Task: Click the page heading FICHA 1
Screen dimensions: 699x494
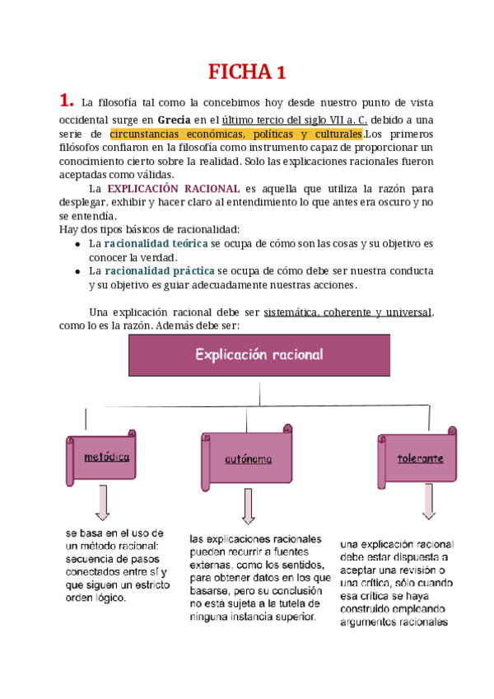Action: coord(247,73)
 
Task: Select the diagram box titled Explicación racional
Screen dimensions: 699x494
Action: coord(259,356)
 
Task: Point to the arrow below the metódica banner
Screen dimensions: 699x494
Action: coord(102,502)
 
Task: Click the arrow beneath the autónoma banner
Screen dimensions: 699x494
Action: coord(249,507)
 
